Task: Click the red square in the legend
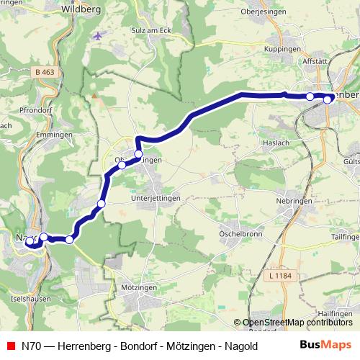10,346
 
